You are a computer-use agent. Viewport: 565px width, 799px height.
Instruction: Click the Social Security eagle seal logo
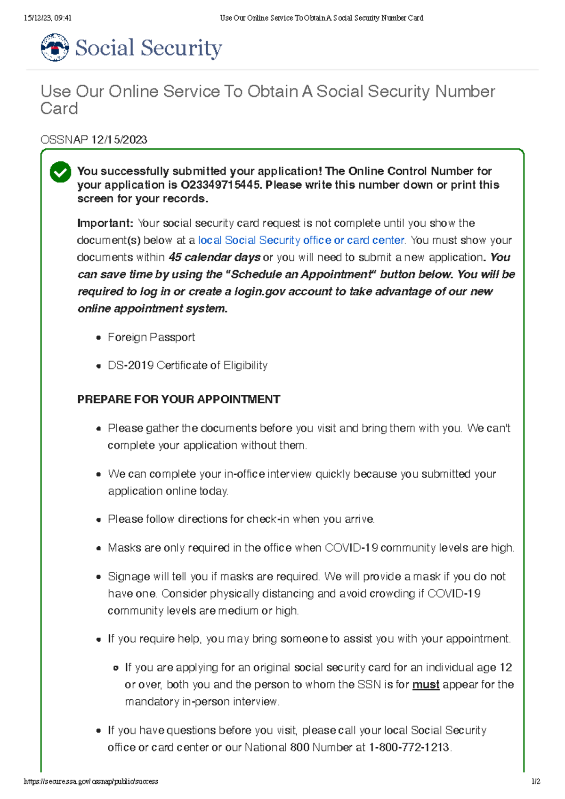55,48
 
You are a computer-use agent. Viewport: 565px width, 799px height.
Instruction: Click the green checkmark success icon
60,172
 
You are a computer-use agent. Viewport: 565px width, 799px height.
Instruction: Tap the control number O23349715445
221,185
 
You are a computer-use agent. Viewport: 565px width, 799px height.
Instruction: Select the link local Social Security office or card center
301,240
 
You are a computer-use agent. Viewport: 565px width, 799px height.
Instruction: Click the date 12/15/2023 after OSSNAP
119,140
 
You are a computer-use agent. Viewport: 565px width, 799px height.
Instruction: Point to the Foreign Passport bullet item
151,337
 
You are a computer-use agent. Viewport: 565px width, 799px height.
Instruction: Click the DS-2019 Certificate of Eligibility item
187,366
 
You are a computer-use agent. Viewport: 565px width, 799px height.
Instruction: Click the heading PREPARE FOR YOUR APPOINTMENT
178,399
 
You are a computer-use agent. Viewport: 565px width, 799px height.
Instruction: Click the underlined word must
426,685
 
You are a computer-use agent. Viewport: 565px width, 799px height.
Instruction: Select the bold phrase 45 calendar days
215,257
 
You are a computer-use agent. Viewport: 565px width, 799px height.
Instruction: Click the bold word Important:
105,223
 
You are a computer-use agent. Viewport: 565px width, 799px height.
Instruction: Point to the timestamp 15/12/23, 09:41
48,18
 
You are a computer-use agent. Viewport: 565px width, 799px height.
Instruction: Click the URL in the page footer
91,781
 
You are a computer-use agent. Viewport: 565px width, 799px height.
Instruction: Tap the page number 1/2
535,781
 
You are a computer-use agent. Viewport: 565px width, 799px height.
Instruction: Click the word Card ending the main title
59,109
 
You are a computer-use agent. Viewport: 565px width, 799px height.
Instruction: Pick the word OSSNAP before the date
64,140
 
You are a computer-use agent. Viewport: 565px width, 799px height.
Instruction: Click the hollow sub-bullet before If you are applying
116,668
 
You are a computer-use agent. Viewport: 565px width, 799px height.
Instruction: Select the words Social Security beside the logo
148,48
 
